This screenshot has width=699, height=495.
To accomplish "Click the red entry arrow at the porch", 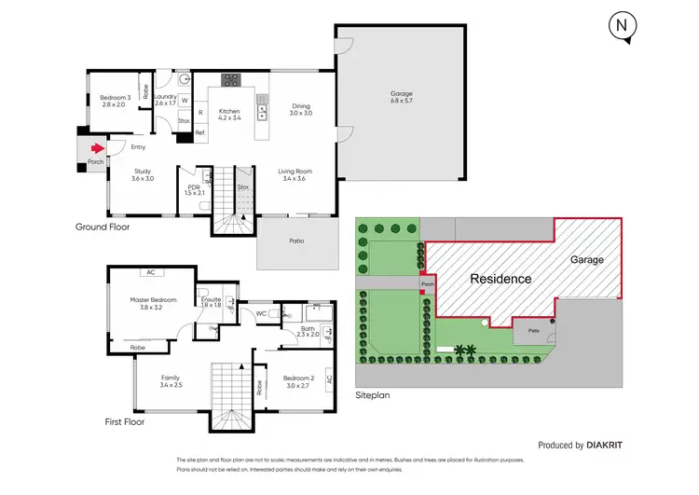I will click(96, 146).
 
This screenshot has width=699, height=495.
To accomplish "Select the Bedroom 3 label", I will click(117, 102).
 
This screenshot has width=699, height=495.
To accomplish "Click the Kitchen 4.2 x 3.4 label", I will click(229, 114).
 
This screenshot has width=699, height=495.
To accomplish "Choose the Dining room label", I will click(300, 109).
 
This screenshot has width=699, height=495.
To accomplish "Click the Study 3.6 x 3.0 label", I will click(143, 174).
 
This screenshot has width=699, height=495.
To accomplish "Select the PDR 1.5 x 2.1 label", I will click(194, 189).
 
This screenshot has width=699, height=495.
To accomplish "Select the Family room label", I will click(170, 380).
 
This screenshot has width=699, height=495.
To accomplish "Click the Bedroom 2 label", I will click(300, 380).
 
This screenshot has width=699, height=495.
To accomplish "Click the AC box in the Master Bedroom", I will click(149, 273).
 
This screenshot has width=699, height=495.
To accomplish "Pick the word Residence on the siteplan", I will click(500, 279).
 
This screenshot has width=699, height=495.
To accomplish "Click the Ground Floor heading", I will click(103, 227).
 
